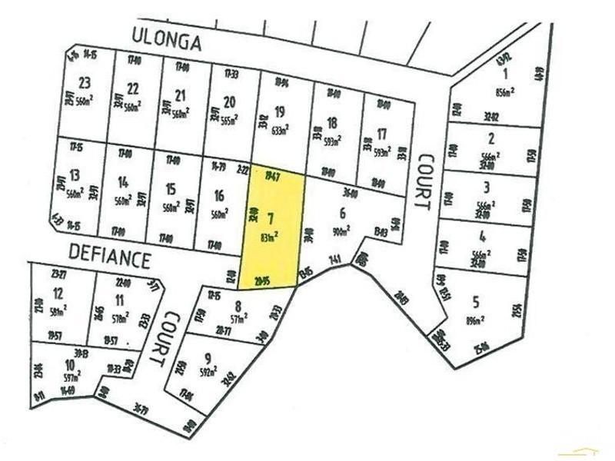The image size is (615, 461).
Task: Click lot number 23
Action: pos(85,84)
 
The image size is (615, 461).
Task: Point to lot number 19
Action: pos(279,111)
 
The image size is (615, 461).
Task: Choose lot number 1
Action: pos(506,75)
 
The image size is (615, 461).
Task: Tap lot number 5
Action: pos(477,300)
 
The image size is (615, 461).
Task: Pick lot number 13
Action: pos(75,176)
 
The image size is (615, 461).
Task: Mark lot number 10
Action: pos(69,364)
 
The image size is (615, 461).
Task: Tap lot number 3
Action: pos(485,187)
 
